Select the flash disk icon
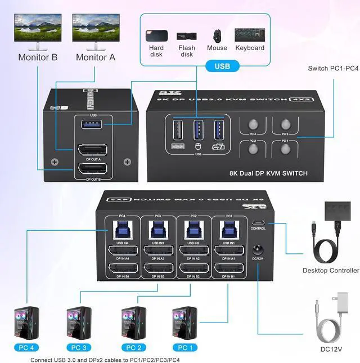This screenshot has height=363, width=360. [x=186, y=37]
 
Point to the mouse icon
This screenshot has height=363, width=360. [x=217, y=35]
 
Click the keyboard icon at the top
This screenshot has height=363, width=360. [x=250, y=35]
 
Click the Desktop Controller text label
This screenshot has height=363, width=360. [x=330, y=270]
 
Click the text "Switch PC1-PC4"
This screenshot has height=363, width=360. [x=333, y=69]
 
